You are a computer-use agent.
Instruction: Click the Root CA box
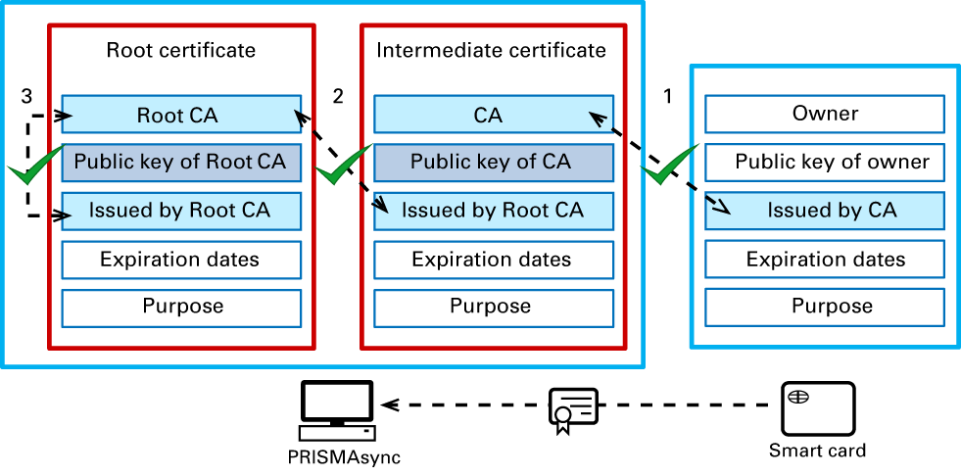(180, 115)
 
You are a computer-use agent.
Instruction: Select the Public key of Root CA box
(180, 162)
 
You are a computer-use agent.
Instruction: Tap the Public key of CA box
(490, 162)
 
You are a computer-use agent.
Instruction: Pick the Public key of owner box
(832, 162)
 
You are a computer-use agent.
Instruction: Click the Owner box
(825, 114)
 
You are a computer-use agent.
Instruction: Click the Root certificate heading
(180, 50)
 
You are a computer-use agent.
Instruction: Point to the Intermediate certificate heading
(491, 50)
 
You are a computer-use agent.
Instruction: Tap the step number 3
(26, 96)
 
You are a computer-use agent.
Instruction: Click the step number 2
(338, 96)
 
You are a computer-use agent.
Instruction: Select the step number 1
(668, 96)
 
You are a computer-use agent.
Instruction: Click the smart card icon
(818, 408)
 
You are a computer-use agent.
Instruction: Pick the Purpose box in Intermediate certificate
(490, 307)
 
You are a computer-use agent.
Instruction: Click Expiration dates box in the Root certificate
(180, 260)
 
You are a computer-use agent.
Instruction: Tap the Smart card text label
(817, 451)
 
